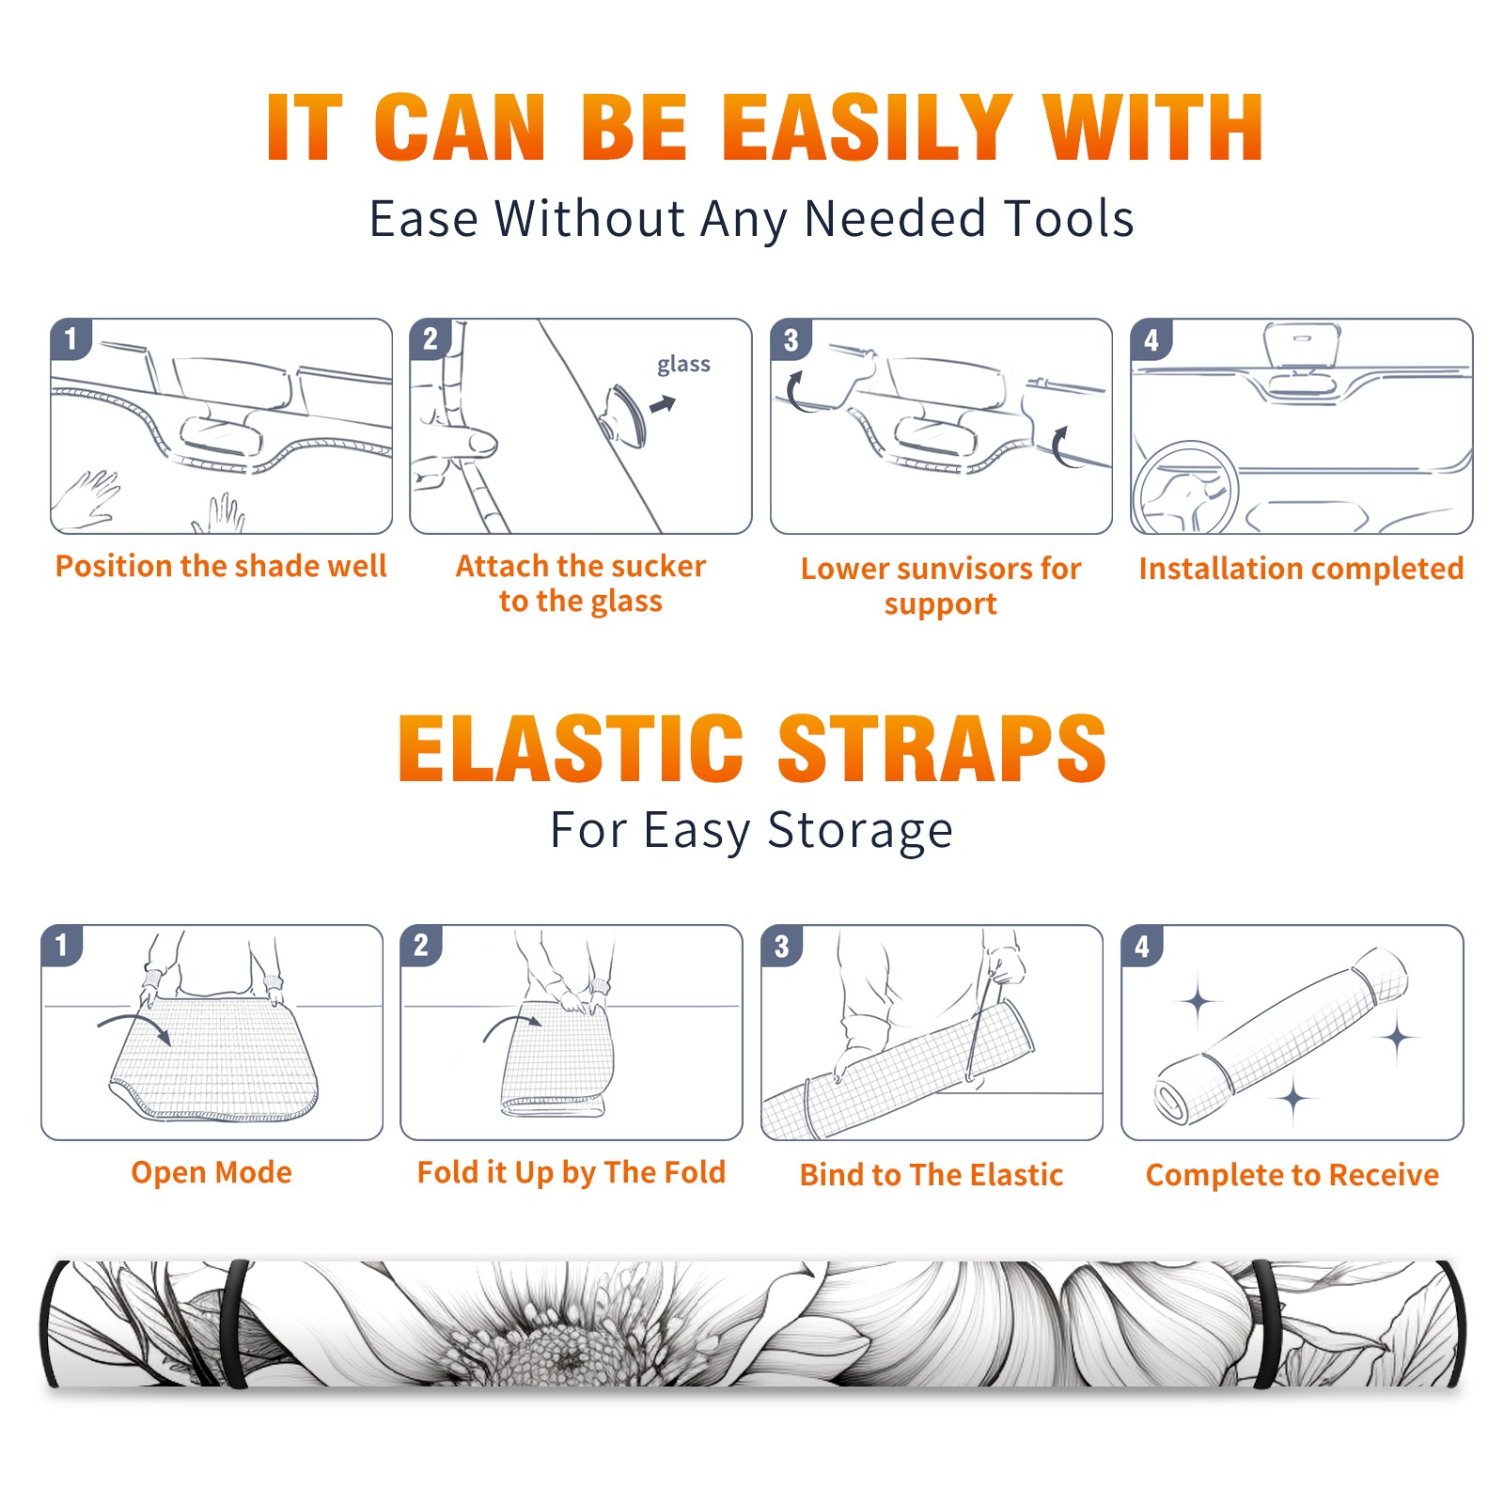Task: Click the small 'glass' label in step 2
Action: [683, 365]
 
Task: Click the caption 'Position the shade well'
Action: [221, 566]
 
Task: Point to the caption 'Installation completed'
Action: [1301, 568]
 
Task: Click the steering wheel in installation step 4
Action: [1185, 488]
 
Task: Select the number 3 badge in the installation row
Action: [791, 339]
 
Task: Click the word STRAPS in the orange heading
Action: [942, 748]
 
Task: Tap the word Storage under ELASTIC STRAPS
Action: [860, 830]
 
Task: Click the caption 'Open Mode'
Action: [211, 1172]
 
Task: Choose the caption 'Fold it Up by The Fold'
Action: [572, 1172]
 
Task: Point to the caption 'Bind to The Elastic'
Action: [932, 1175]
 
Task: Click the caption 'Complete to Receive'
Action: [1292, 1175]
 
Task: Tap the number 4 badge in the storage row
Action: [1142, 946]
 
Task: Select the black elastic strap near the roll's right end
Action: [1265, 1324]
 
